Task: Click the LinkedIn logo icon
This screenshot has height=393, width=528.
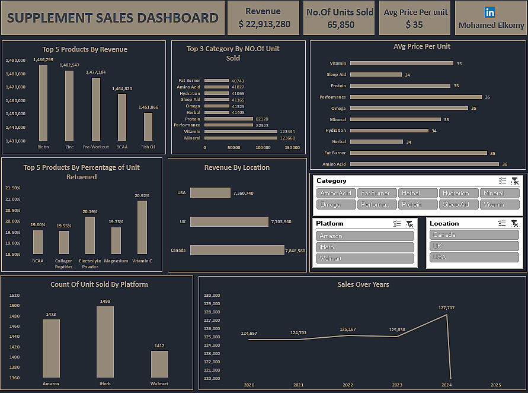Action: (x=490, y=12)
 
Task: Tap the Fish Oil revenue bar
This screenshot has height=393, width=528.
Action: (x=148, y=126)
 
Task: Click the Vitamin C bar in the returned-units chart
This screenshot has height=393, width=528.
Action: (x=142, y=227)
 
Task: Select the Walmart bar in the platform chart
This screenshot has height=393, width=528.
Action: (x=159, y=364)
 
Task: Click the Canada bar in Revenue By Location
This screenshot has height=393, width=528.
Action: (x=237, y=250)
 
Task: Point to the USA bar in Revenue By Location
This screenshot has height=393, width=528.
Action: (x=210, y=193)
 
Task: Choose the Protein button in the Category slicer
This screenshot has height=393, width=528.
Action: (x=412, y=204)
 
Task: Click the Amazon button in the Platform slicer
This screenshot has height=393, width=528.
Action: (x=364, y=236)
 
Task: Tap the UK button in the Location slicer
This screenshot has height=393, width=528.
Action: (x=474, y=246)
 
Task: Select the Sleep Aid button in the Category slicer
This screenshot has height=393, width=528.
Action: (x=456, y=204)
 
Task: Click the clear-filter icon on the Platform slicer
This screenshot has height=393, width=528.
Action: (x=409, y=224)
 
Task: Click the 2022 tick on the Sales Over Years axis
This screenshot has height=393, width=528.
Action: (x=347, y=385)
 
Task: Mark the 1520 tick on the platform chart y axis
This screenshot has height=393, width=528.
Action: (x=15, y=295)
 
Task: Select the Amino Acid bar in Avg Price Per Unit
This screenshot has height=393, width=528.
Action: (x=424, y=164)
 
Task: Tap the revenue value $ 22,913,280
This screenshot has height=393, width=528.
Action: (x=264, y=24)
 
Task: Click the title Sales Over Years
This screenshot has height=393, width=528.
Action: (x=363, y=284)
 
